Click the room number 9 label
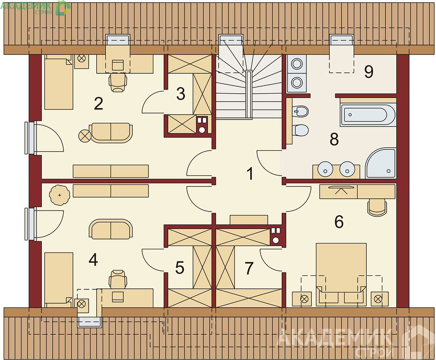369,72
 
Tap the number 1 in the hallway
250,174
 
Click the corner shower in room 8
380,163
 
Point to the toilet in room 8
300,130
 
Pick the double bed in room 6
341,274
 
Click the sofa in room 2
111,132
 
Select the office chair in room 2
118,82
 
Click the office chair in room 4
118,279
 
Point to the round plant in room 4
59,195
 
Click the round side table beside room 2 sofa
84,136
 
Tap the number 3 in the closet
180,94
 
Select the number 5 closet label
180,268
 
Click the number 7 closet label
249,268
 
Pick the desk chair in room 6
377,207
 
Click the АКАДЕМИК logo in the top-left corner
36,8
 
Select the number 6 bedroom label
339,221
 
